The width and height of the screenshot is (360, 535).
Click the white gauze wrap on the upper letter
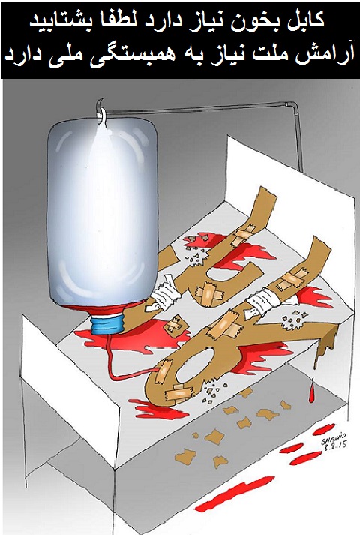165,295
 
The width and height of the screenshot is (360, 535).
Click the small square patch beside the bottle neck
174,324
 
